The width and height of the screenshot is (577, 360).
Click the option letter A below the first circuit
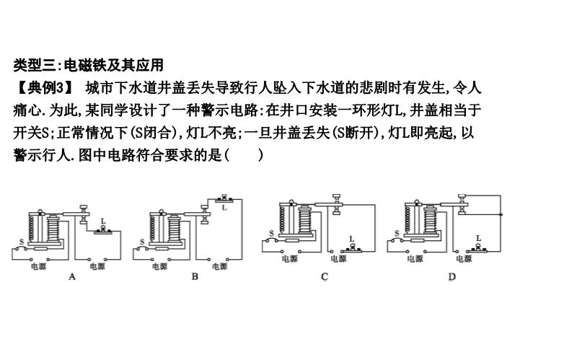coord(71,276)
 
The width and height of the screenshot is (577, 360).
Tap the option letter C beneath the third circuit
coord(325,277)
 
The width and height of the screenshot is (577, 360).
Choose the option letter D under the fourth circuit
coord(452,277)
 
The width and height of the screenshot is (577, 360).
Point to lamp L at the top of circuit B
coord(224,198)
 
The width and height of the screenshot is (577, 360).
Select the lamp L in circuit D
coord(478,246)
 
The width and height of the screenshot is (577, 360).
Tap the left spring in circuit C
coord(283,218)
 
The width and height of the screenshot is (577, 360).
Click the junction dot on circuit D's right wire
coord(501,215)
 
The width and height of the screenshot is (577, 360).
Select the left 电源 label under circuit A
coord(38,266)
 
